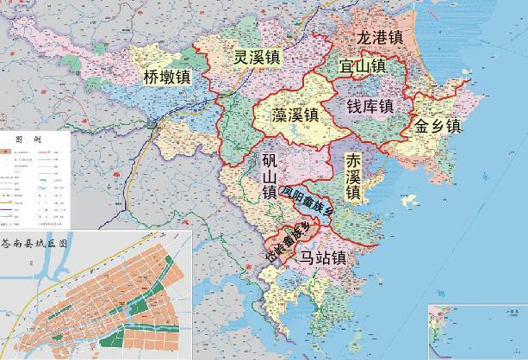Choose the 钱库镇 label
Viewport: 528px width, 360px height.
pyautogui.click(x=370, y=106)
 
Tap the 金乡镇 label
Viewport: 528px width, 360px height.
pyautogui.click(x=438, y=125)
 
